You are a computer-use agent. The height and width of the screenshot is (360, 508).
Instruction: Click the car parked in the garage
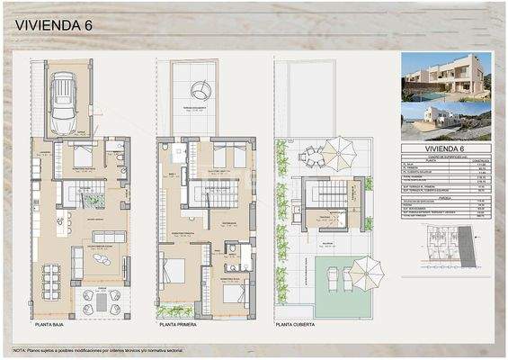[x=64, y=103]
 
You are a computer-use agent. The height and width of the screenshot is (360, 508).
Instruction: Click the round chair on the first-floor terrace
[x=201, y=88]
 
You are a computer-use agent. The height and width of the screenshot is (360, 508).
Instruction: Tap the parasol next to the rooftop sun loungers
[x=366, y=269]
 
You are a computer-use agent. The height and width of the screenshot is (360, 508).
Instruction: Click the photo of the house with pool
[x=446, y=76]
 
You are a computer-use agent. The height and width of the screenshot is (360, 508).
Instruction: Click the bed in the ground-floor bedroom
[x=83, y=157]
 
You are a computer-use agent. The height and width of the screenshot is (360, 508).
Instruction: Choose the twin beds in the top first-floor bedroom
[x=230, y=157]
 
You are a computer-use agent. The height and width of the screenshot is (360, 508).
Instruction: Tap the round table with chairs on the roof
[x=311, y=157]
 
